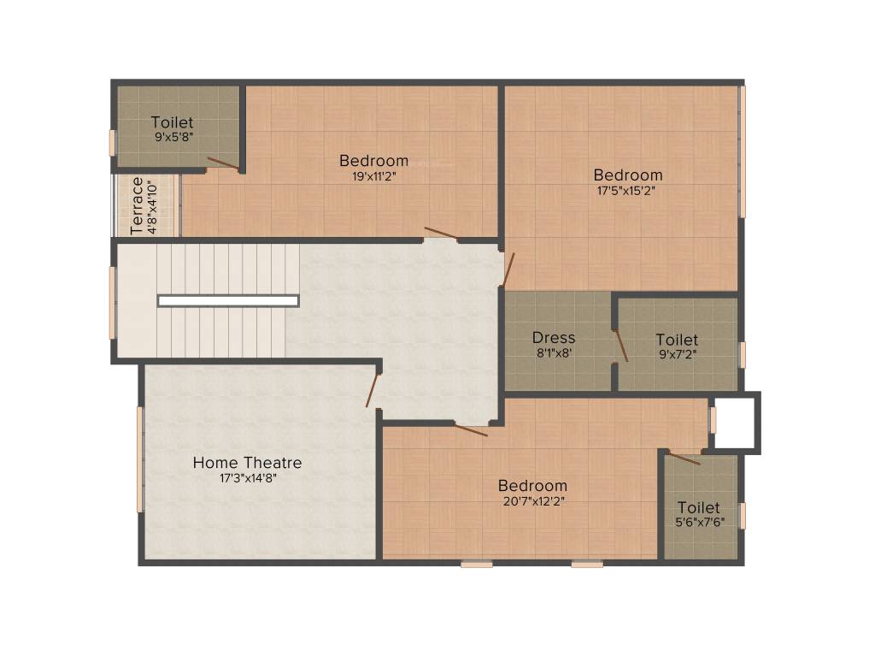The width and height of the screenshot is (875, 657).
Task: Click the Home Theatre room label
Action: pyautogui.click(x=247, y=463)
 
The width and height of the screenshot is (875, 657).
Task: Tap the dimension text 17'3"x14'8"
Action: pyautogui.click(x=247, y=479)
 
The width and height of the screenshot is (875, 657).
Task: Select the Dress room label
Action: pyautogui.click(x=554, y=337)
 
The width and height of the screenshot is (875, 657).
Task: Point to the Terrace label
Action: pyautogui.click(x=138, y=205)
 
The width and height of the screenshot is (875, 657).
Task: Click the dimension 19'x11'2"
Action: pyautogui.click(x=373, y=176)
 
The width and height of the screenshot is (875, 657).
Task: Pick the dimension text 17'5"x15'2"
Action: pyautogui.click(x=627, y=191)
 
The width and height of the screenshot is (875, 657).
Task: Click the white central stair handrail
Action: pyautogui.click(x=228, y=300)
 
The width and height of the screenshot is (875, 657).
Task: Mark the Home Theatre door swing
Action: pyautogui.click(x=373, y=389)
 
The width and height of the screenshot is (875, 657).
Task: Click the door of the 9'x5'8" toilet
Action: pyautogui.click(x=223, y=163)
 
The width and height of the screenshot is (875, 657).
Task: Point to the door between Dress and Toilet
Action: pyautogui.click(x=621, y=345)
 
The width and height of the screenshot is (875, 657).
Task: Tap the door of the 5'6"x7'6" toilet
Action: pyautogui.click(x=684, y=459)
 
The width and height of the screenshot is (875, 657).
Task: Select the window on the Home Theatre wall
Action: pyautogui.click(x=140, y=459)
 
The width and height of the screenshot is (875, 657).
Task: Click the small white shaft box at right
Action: pyautogui.click(x=735, y=422)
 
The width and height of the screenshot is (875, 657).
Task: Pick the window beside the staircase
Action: pyautogui.click(x=112, y=302)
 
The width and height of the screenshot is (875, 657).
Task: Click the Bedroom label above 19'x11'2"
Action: pyautogui.click(x=373, y=160)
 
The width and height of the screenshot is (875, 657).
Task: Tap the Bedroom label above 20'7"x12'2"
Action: pyautogui.click(x=532, y=485)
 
